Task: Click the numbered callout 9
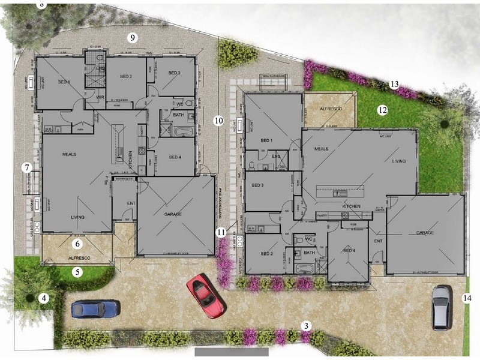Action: (133, 37)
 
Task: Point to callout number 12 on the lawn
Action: (382, 110)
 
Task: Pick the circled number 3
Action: (307, 326)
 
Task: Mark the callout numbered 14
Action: (467, 297)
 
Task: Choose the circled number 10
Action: (218, 121)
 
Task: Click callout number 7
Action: (27, 168)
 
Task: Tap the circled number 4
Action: (44, 297)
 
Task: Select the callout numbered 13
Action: (394, 84)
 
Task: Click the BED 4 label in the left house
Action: (175, 157)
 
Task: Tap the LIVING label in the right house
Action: (398, 161)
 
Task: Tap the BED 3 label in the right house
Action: (258, 185)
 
